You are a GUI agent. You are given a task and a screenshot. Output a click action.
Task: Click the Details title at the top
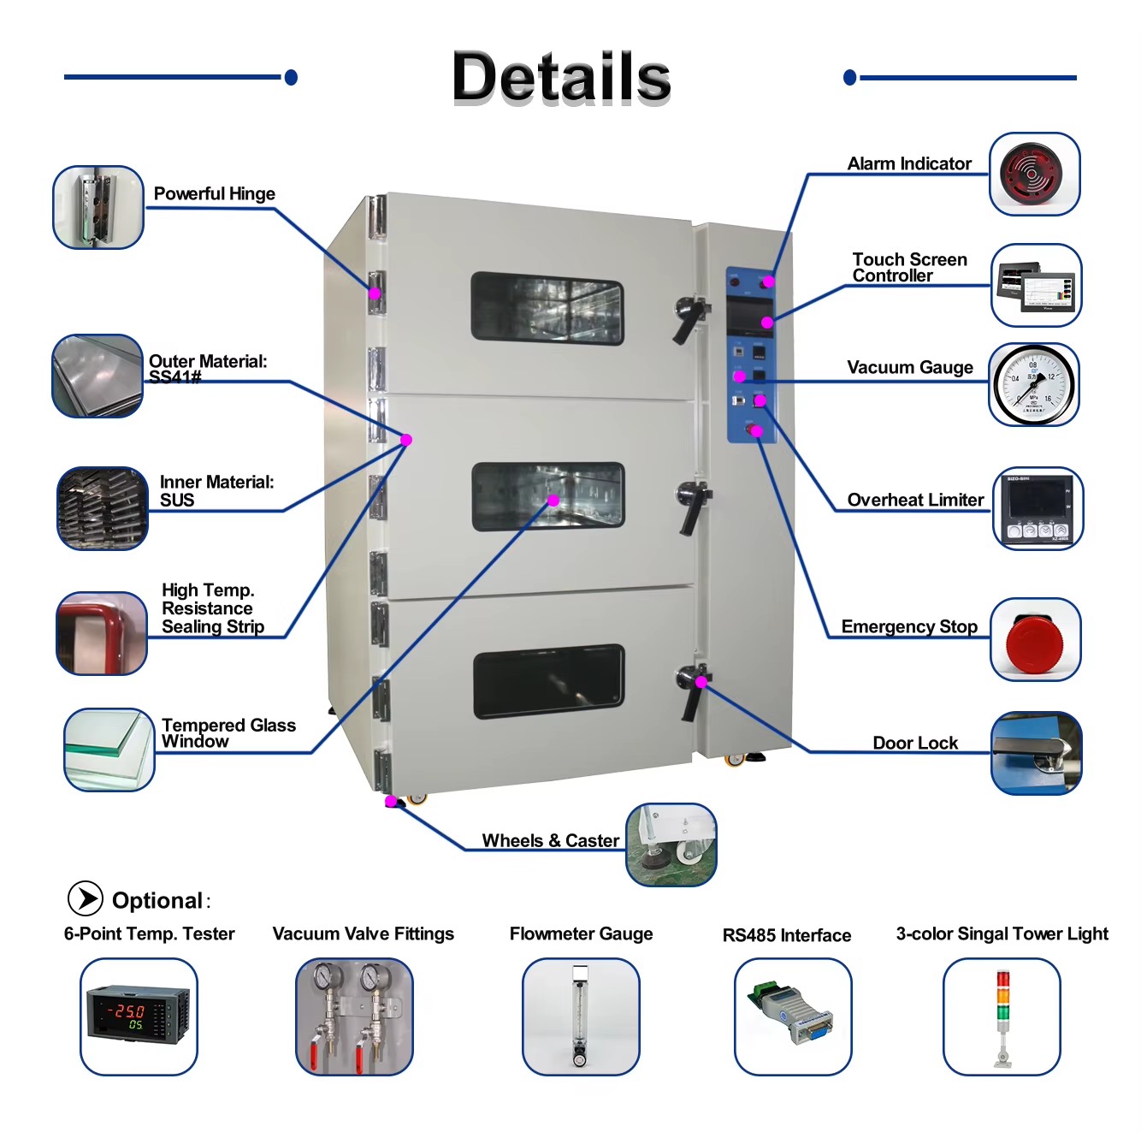coord(561,76)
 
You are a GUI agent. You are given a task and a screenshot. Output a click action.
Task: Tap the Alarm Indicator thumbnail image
coord(1034,174)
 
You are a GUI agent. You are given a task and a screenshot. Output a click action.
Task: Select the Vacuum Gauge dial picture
coord(1033,384)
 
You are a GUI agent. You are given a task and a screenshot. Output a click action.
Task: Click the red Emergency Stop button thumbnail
coord(1035,639)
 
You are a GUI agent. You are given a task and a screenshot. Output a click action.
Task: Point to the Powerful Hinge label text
coord(215,193)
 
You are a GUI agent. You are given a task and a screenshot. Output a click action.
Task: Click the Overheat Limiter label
coord(915,500)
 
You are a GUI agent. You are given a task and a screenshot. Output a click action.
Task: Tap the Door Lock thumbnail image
coord(1036,753)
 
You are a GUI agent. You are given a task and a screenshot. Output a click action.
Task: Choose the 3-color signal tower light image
coord(1002,1016)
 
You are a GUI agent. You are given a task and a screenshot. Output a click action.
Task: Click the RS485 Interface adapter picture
coord(793,1016)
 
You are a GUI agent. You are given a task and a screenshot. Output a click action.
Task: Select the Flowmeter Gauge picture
coord(580,1016)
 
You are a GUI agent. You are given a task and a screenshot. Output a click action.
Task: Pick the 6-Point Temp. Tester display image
coord(139,1016)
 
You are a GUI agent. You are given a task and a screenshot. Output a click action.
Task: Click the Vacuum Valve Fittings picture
coord(354,1016)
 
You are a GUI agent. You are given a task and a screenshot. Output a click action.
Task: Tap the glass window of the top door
coord(547,309)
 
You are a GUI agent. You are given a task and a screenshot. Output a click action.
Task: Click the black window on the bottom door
coord(549,682)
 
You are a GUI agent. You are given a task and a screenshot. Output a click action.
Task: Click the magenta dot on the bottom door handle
coord(701,682)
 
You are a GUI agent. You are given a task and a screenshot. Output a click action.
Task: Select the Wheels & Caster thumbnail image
coord(671,845)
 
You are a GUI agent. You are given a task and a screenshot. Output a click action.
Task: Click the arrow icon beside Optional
coord(86,898)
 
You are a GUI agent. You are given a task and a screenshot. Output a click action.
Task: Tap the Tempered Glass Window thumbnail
coord(109,750)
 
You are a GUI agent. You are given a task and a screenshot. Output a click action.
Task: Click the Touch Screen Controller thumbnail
coord(1036,285)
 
